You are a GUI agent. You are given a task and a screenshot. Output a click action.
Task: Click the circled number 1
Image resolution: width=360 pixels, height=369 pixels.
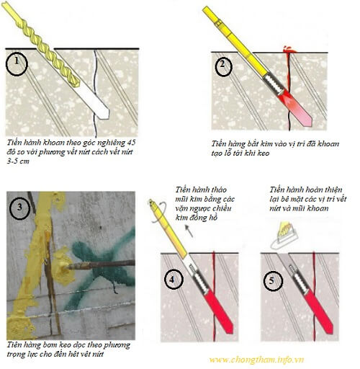tap(17, 64)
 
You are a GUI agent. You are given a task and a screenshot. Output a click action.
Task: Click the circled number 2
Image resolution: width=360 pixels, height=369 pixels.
tap(223, 66)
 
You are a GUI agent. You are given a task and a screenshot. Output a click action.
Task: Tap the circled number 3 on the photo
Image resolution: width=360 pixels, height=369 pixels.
tap(19, 208)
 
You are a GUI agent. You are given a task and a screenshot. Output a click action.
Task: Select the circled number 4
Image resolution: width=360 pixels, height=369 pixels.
tap(174, 280)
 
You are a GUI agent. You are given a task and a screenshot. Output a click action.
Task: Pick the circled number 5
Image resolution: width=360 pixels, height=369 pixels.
tap(273, 281)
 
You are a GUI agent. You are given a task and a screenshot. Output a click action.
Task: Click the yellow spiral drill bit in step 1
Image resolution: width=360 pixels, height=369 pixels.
tap(41, 45)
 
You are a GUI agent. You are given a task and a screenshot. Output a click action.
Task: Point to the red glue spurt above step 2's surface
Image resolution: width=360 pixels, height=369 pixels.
tap(289, 50)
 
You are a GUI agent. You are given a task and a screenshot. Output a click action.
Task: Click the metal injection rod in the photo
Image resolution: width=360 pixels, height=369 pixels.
tap(101, 264)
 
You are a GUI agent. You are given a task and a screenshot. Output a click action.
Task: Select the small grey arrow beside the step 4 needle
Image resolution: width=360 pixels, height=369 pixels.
tap(189, 231)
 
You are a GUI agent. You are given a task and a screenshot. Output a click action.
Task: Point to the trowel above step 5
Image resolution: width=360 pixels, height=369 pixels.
tap(284, 236)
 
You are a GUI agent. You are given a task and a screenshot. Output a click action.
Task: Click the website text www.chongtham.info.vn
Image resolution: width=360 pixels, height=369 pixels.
tap(256, 360)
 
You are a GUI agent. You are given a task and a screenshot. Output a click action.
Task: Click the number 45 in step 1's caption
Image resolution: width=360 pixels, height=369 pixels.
tap(132, 143)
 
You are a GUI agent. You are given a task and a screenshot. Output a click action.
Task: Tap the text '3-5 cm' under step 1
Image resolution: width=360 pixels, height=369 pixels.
tap(18, 161)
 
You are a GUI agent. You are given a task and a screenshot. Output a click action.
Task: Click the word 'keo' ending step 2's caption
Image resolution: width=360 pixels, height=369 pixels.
tap(264, 153)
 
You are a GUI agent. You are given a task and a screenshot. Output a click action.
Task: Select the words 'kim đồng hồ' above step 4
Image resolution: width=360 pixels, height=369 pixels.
tap(197, 218)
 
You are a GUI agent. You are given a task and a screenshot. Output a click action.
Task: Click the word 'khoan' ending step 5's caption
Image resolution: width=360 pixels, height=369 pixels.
tap(317, 208)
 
